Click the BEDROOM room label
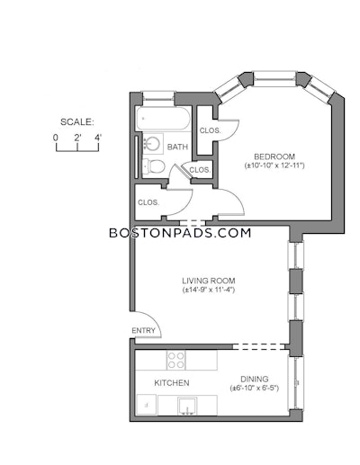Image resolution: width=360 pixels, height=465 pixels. (274, 156)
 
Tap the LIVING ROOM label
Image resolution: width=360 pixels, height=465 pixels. (209, 281)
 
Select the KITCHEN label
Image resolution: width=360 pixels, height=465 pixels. (172, 383)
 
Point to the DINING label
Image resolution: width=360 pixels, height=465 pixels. (255, 379)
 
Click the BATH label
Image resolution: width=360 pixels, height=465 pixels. (177, 147)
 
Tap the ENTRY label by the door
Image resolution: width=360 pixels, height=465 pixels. (143, 330)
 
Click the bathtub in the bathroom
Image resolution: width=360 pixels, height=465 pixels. (163, 118)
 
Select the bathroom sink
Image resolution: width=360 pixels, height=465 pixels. (153, 144)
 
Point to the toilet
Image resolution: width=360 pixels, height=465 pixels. (154, 166)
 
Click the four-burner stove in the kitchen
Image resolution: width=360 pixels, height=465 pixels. (176, 360)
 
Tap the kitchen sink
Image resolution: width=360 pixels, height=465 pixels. (187, 406)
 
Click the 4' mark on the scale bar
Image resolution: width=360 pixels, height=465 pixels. (98, 138)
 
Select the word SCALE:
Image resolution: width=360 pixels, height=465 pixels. (77, 122)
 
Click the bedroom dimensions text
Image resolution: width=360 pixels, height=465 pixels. (274, 165)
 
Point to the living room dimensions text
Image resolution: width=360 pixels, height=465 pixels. (209, 290)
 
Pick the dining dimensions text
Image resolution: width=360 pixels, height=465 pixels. (255, 389)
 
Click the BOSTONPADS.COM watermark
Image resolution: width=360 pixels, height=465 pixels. (180, 233)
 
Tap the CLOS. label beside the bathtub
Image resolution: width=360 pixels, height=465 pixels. (210, 130)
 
